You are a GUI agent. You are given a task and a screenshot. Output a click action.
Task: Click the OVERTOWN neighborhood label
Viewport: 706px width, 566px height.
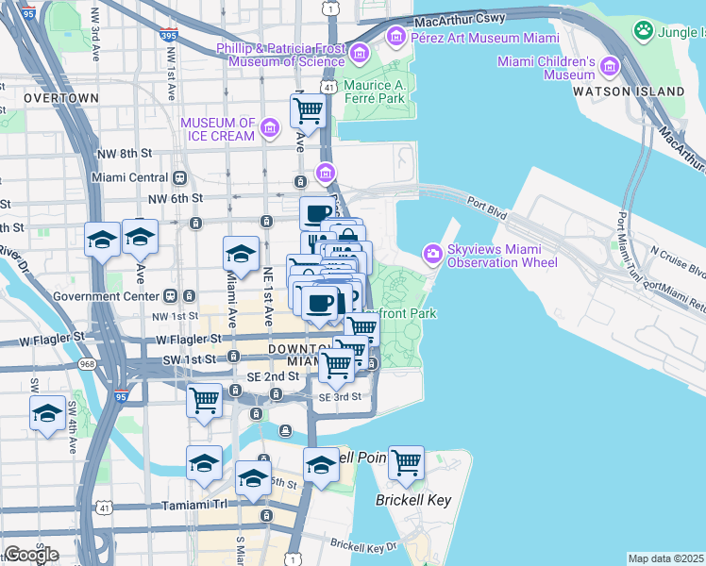[61, 98]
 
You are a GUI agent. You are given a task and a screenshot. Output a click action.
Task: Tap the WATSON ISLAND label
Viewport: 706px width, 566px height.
[629, 92]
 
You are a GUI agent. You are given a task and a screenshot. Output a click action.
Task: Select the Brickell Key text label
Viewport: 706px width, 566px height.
[413, 500]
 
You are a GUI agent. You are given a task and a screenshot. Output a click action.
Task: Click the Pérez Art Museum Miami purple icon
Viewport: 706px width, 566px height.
[395, 38]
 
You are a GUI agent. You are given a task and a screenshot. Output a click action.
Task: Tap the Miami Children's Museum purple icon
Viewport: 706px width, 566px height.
[609, 67]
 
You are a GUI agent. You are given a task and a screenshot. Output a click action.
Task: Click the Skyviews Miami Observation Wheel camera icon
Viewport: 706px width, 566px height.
[433, 254]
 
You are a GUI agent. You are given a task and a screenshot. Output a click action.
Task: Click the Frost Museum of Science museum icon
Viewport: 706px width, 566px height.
[359, 55]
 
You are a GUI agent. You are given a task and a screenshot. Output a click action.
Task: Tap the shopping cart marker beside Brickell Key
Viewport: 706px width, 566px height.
[406, 462]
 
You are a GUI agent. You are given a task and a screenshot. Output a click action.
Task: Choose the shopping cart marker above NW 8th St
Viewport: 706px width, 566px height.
[308, 110]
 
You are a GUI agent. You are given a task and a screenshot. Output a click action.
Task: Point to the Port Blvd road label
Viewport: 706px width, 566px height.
[487, 199]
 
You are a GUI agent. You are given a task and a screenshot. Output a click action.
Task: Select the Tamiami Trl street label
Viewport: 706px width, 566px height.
[193, 505]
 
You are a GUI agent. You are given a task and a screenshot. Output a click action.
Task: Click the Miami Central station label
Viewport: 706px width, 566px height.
[129, 177]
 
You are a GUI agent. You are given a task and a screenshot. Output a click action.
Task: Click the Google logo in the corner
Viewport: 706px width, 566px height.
[30, 555]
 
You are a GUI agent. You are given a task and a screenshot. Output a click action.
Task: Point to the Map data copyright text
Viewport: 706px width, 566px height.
[665, 558]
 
